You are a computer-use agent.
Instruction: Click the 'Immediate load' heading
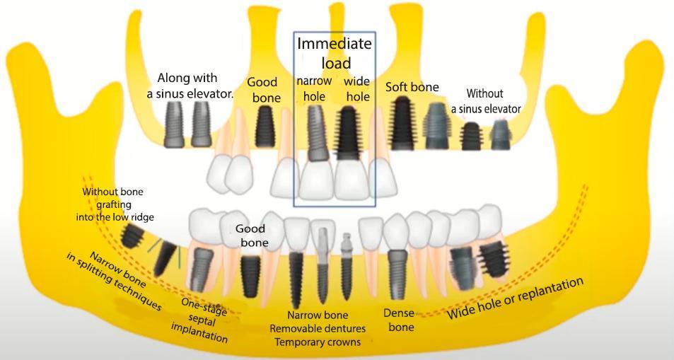pos(334,53)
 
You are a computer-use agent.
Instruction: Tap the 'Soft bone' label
pos(412,87)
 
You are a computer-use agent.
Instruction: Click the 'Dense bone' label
pos(398,320)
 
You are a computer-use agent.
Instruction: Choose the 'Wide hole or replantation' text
pos(516,298)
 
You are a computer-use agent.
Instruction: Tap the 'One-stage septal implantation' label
pos(200,320)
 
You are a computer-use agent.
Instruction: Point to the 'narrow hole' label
pos(314,88)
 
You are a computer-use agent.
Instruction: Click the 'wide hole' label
pos(357,88)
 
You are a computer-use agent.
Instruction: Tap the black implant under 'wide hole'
pos(349,132)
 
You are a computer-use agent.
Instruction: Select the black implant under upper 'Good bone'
pos(265,125)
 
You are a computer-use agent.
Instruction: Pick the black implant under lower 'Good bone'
pos(250,276)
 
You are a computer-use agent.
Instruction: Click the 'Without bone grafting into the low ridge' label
pos(115,204)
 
